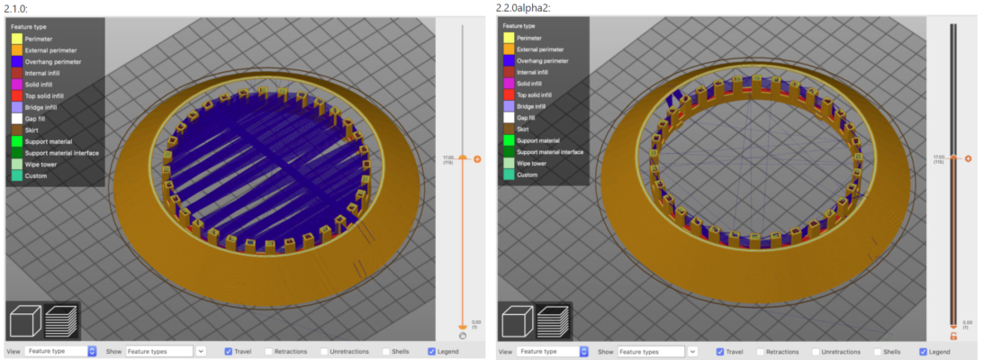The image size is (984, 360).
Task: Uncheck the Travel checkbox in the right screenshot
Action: click(x=720, y=351)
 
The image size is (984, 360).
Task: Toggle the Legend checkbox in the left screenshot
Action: click(x=432, y=351)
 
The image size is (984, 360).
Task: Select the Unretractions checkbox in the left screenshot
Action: click(x=324, y=351)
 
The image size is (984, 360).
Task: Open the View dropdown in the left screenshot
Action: click(x=60, y=351)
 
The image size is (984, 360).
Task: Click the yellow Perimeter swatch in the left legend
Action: click(x=17, y=39)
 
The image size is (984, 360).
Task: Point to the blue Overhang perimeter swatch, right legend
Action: click(x=509, y=60)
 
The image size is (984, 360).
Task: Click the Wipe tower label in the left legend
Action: click(x=42, y=164)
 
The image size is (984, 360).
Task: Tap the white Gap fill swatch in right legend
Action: click(x=509, y=118)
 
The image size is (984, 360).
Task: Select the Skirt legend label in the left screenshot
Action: click(x=36, y=130)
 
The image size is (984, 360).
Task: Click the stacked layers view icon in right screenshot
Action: click(x=553, y=322)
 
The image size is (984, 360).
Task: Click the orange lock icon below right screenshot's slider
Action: click(x=953, y=336)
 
